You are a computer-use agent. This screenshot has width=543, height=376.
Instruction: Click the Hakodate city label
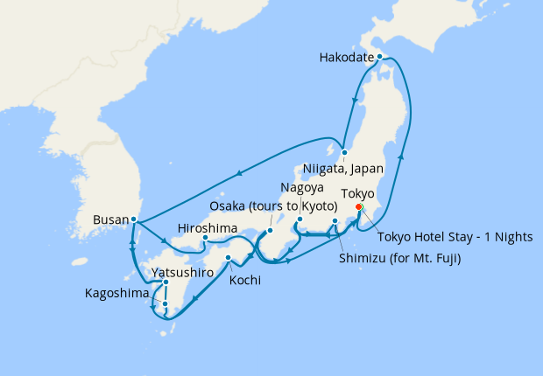(x=348, y=59)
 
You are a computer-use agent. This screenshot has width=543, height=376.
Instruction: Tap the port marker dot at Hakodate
(x=379, y=57)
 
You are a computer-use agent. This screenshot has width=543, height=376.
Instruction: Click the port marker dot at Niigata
(x=344, y=152)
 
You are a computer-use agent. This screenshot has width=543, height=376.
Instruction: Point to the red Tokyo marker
(x=358, y=207)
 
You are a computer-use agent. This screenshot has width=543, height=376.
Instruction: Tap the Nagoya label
(x=302, y=188)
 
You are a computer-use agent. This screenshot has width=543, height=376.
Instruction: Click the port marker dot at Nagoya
(x=300, y=219)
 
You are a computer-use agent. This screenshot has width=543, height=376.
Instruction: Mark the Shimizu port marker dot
(x=335, y=232)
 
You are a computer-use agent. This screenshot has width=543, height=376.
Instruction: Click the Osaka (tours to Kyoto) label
(x=272, y=205)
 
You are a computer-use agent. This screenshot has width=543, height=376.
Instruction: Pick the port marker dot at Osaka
(x=270, y=232)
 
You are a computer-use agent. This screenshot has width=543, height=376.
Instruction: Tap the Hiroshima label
(x=208, y=226)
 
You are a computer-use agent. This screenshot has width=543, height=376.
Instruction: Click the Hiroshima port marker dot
(x=204, y=238)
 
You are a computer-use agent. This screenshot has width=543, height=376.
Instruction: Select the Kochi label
(x=246, y=282)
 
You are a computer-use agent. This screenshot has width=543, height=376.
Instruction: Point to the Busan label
(x=109, y=219)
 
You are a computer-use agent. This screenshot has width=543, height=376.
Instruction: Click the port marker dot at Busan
(x=133, y=219)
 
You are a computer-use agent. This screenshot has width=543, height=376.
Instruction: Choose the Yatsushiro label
(x=183, y=273)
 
